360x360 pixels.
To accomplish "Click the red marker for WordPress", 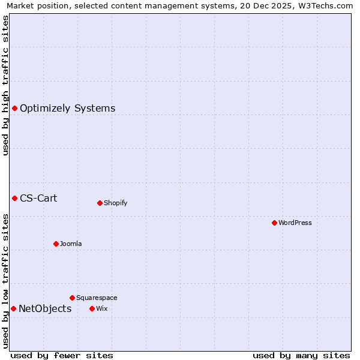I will pyautogui.click(x=274, y=223).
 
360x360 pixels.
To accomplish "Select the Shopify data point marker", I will pyautogui.click(x=100, y=203).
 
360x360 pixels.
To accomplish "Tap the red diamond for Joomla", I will pyautogui.click(x=56, y=244).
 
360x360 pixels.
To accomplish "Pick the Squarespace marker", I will pyautogui.click(x=72, y=298).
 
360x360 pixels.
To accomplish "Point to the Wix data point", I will pyautogui.click(x=92, y=308).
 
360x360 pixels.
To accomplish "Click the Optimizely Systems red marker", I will pyautogui.click(x=15, y=108).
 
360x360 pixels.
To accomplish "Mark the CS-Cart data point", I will pyautogui.click(x=15, y=198).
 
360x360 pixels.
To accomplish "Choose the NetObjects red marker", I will pyautogui.click(x=13, y=308).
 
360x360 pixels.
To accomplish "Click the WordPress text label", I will pyautogui.click(x=295, y=223).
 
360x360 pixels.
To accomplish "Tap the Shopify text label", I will pyautogui.click(x=116, y=203).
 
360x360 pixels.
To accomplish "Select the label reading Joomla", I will pyautogui.click(x=71, y=244).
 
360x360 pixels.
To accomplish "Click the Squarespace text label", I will pyautogui.click(x=97, y=298).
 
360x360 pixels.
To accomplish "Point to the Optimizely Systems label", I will pyautogui.click(x=68, y=109).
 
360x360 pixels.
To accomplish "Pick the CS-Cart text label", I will pyautogui.click(x=38, y=198).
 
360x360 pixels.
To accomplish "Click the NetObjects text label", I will pyautogui.click(x=45, y=309).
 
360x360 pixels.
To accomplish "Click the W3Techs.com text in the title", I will pyautogui.click(x=325, y=6).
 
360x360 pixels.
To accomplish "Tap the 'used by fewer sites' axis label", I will pyautogui.click(x=62, y=356).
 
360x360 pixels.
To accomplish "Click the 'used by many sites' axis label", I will pyautogui.click(x=301, y=356).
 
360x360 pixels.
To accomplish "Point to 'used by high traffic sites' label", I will pyautogui.click(x=6, y=85).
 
